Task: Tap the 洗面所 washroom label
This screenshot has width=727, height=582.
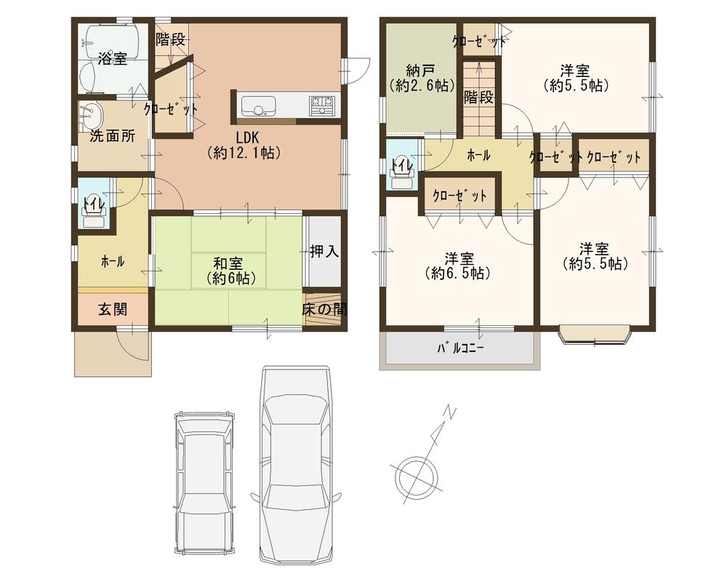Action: [112, 136]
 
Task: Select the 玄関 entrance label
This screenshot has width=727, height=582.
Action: [113, 309]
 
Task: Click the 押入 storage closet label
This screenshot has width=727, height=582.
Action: [324, 252]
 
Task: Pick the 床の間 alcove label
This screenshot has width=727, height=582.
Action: [324, 309]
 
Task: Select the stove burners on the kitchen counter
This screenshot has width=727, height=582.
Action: [321, 106]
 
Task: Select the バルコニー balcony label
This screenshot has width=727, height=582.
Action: [460, 348]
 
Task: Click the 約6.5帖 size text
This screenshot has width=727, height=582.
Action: [460, 274]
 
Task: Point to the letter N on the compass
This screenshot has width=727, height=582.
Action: [451, 413]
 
